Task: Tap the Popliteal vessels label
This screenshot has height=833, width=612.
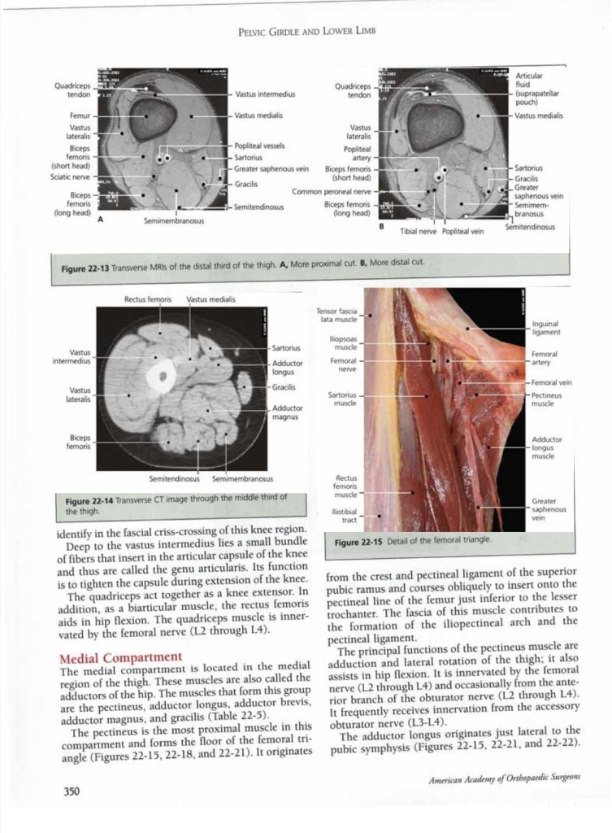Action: coord(259,146)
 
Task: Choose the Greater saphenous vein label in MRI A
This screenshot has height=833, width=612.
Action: coord(271,168)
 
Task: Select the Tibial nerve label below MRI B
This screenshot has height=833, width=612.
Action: coord(419,231)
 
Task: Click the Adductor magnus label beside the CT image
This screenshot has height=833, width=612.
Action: coord(288,412)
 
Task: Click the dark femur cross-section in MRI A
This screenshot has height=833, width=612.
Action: coord(150,115)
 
